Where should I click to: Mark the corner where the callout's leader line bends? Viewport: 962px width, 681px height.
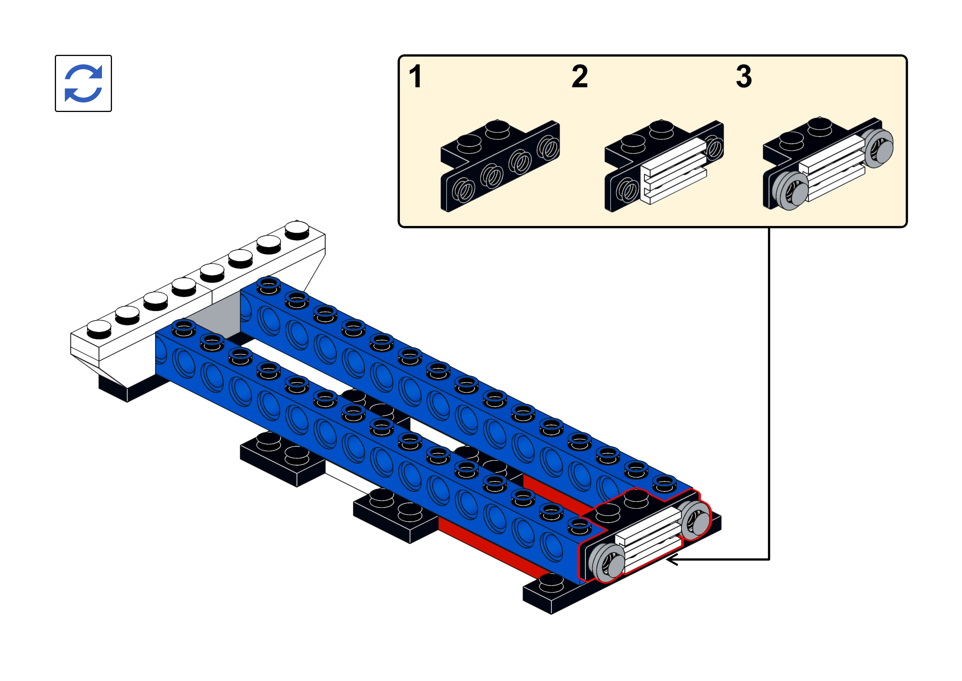pos(769,559)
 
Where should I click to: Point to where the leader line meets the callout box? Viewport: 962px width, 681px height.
pos(769,227)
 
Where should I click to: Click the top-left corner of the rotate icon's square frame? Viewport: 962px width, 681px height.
pos(55,55)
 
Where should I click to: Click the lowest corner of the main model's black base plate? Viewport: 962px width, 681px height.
pos(551,614)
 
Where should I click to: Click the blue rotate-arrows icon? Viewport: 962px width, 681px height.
pos(83,83)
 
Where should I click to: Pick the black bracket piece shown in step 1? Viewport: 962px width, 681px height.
pos(500,166)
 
